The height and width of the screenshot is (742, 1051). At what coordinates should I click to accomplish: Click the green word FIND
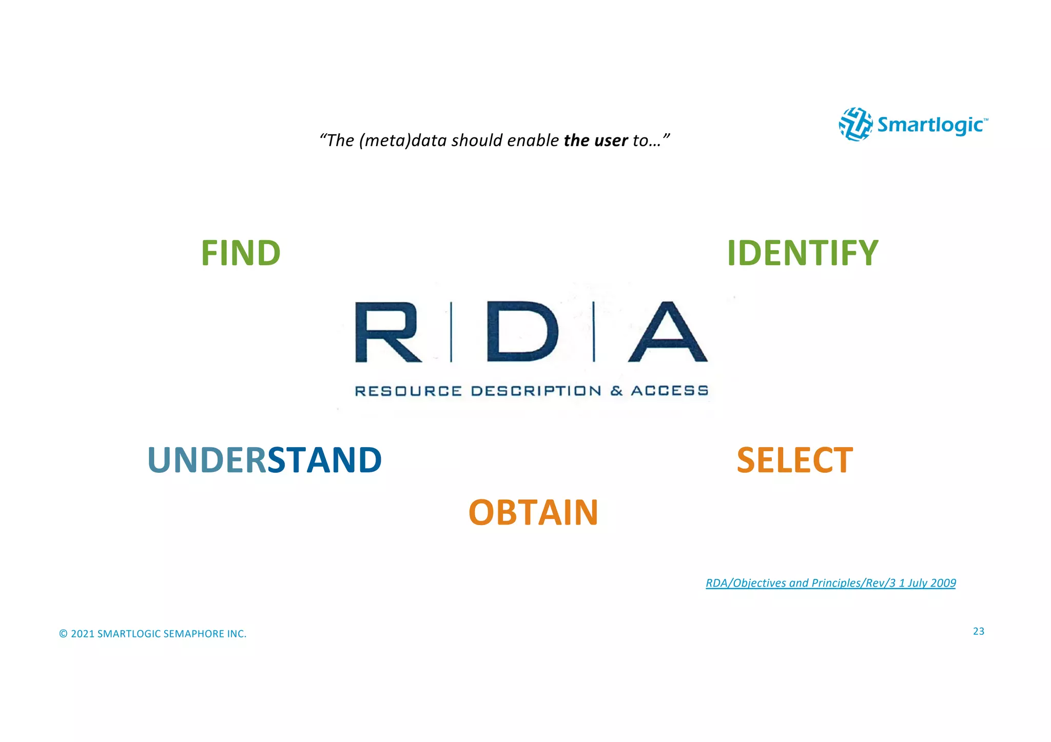tap(241, 253)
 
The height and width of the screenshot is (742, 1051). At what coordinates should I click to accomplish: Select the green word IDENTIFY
tap(803, 253)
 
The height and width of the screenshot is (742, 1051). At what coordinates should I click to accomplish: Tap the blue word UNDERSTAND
tap(264, 460)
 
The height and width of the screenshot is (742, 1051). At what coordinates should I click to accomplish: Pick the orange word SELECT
tap(794, 460)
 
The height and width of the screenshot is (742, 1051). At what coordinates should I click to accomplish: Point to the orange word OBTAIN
tap(533, 512)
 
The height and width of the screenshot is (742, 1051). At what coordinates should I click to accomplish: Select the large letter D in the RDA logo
tap(522, 332)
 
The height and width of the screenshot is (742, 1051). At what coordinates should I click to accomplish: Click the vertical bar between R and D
tap(452, 332)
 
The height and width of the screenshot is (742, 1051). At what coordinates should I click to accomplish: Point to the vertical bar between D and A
tap(594, 332)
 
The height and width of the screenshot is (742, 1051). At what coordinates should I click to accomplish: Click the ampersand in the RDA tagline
tap(616, 391)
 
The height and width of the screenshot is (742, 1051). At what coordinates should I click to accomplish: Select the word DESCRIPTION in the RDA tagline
tap(536, 391)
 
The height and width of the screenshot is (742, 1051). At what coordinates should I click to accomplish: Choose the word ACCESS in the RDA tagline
tap(669, 391)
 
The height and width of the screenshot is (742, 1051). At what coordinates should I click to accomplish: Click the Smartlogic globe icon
tap(855, 124)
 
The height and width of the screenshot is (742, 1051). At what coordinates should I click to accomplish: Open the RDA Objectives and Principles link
tap(830, 583)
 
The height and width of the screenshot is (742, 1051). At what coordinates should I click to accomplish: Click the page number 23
tap(979, 631)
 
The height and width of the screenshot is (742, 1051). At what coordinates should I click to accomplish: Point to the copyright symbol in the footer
tap(63, 634)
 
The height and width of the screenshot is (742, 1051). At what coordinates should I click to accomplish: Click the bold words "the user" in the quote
tap(595, 141)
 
